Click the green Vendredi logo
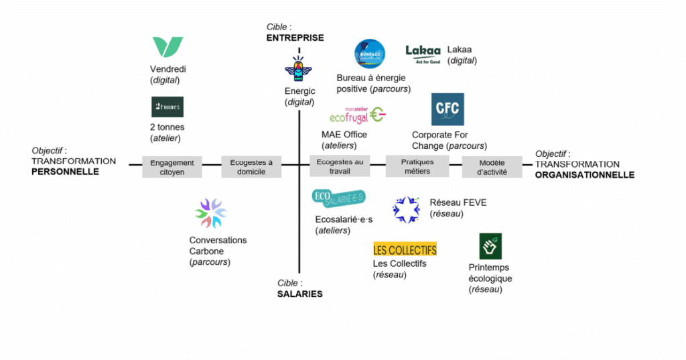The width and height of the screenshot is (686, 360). pos(167,47)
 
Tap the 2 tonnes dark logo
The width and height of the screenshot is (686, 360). pos(167,107)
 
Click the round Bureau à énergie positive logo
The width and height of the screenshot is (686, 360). pos(370,54)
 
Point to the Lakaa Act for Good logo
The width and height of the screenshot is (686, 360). pos(423,54)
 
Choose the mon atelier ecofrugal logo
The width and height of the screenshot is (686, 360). pos(357,115)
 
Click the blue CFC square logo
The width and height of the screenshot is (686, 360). pos(448,109)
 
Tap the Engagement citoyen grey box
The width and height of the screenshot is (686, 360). pos(172,167)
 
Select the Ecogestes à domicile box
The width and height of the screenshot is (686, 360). pos(251,167)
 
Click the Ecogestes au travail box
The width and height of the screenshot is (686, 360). pos(340,167)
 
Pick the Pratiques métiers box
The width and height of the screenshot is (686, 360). pos(417,167)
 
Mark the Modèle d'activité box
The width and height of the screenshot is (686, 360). pos(492,167)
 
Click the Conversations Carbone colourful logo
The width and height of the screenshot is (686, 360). pos(211,213)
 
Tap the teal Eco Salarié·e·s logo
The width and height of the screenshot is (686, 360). pos(339,198)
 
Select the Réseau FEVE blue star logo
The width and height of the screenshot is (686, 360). pos(407,209)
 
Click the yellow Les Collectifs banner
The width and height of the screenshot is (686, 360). pos(405,249)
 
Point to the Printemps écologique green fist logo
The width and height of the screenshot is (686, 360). pos(490,246)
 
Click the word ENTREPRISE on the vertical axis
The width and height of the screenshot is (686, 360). pos(295,38)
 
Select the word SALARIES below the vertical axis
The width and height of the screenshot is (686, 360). pos(299,294)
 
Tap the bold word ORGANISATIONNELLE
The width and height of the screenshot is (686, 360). pos(584,175)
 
